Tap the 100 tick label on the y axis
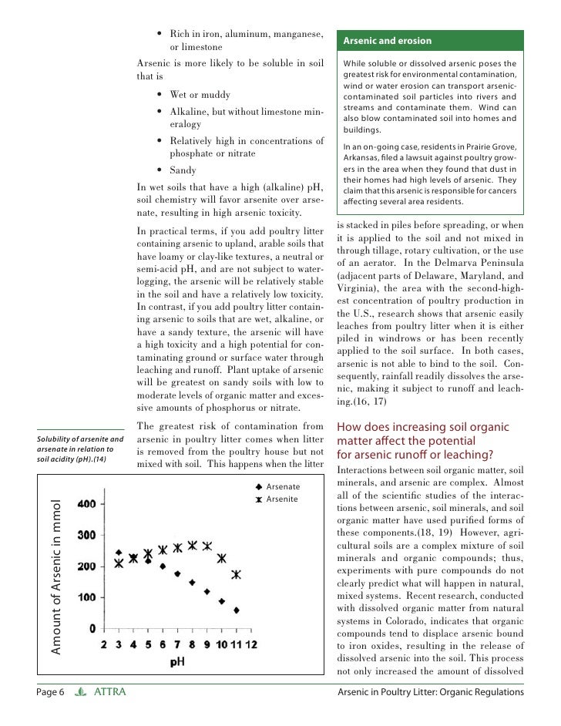pyautogui.click(x=86, y=597)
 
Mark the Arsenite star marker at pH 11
pyautogui.click(x=237, y=574)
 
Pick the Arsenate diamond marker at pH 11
pyautogui.click(x=237, y=610)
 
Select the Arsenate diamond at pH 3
pyautogui.click(x=118, y=553)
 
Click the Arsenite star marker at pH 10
pyautogui.click(x=222, y=558)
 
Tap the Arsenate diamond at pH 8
pyautogui.click(x=192, y=583)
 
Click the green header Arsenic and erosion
pyautogui.click(x=387, y=40)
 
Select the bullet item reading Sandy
pyautogui.click(x=182, y=170)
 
